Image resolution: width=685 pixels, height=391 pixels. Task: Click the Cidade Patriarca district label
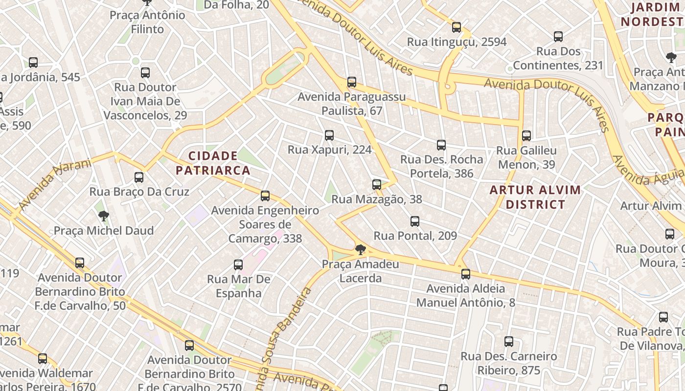pyautogui.click(x=213, y=163)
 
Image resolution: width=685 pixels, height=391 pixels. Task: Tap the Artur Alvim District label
pyautogui.click(x=535, y=197)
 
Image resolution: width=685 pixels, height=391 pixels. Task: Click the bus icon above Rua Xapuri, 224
pyautogui.click(x=329, y=135)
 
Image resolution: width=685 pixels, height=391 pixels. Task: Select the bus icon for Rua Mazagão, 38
pyautogui.click(x=376, y=185)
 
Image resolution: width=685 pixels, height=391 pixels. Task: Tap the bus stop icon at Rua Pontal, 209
pyautogui.click(x=415, y=221)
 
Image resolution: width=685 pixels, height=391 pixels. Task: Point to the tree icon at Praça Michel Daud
pyautogui.click(x=103, y=216)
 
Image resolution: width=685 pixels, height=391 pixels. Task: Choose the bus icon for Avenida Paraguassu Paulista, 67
pyautogui.click(x=352, y=82)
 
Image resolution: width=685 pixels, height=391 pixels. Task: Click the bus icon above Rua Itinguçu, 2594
pyautogui.click(x=457, y=27)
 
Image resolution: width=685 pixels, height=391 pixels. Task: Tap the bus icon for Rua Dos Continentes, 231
pyautogui.click(x=558, y=37)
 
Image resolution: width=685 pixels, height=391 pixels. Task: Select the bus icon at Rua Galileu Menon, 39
pyautogui.click(x=526, y=136)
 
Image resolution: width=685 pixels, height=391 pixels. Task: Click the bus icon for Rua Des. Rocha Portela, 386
pyautogui.click(x=441, y=145)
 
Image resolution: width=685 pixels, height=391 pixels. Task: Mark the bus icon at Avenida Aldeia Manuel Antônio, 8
pyautogui.click(x=465, y=274)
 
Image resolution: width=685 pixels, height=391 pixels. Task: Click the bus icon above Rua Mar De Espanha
pyautogui.click(x=238, y=265)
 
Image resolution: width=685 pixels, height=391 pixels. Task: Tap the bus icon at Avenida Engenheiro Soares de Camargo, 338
pyautogui.click(x=265, y=196)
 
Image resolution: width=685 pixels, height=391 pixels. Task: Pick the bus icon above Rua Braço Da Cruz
pyautogui.click(x=139, y=177)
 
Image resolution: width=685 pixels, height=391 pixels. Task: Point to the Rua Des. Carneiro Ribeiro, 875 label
pyautogui.click(x=509, y=363)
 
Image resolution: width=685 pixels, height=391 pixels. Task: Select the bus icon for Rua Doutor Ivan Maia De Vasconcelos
pyautogui.click(x=145, y=73)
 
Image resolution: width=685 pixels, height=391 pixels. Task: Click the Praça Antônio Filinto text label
pyautogui.click(x=147, y=22)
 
